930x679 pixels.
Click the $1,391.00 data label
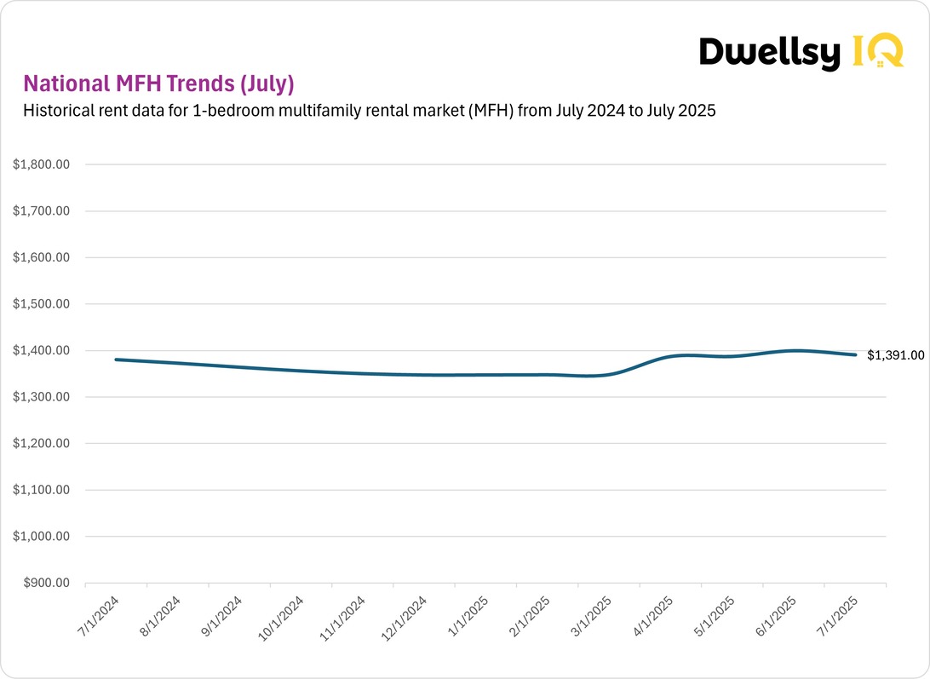point(895,355)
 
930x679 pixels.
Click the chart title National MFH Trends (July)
point(158,83)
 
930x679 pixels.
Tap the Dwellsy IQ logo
point(801,52)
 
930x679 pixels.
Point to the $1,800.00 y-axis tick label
point(41,164)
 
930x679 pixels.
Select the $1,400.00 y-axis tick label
point(41,350)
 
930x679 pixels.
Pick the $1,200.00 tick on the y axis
point(41,444)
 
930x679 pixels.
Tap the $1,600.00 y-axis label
point(41,257)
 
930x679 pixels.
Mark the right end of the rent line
point(855,354)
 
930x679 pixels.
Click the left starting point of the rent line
point(116,360)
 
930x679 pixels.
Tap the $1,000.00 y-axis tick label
point(41,537)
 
